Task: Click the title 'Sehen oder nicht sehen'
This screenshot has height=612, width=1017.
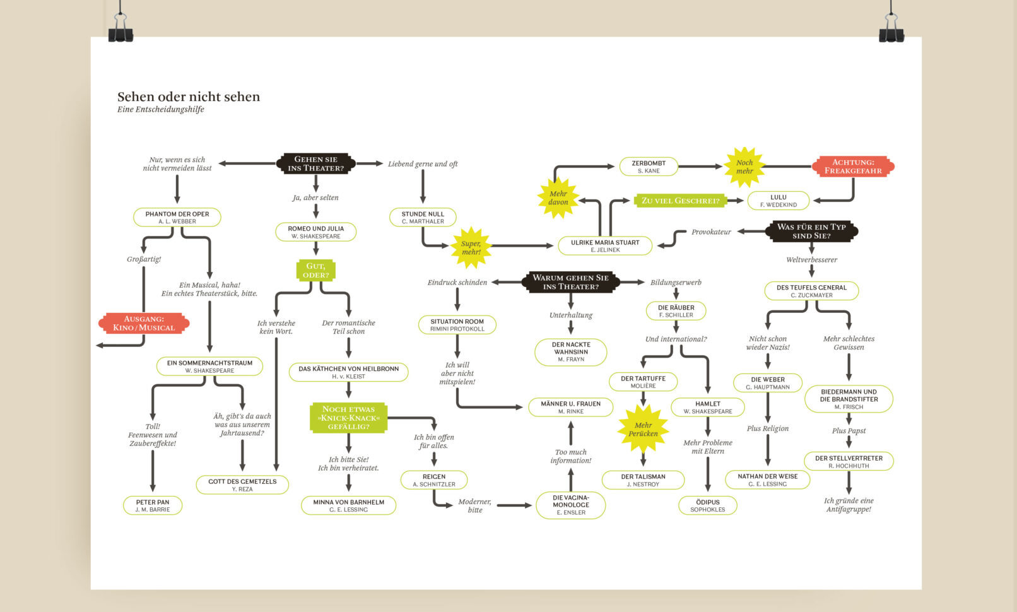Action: pos(188,97)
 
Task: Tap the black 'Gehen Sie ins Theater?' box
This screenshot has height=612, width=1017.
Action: pos(315,164)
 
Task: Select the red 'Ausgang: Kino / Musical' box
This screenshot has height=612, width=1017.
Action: pos(144,323)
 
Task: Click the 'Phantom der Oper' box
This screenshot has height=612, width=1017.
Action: pos(177,217)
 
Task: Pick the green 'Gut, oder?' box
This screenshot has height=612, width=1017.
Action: pos(315,271)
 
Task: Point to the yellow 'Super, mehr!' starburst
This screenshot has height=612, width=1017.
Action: pos(471,247)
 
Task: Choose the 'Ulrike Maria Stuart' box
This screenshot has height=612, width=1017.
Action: pos(605,245)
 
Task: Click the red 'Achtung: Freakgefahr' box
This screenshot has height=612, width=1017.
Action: pos(853,167)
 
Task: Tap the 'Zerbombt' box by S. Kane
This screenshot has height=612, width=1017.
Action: pos(649,167)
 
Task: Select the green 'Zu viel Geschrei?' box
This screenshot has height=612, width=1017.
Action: pos(680,201)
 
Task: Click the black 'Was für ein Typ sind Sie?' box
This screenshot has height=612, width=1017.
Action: pos(811,231)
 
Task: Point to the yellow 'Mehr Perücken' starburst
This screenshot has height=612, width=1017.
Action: pos(643,429)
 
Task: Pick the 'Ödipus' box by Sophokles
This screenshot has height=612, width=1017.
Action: pos(707,505)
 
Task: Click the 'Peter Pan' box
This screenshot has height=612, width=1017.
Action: pos(153,505)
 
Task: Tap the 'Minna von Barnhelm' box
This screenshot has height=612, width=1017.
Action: pos(348,505)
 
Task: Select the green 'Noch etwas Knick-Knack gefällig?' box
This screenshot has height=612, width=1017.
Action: pos(348,418)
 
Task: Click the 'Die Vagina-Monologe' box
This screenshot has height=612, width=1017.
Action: pos(570,505)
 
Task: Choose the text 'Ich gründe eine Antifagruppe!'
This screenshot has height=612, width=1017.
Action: pos(849,505)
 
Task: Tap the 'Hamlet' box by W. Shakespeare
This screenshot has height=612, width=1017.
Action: pos(707,407)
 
